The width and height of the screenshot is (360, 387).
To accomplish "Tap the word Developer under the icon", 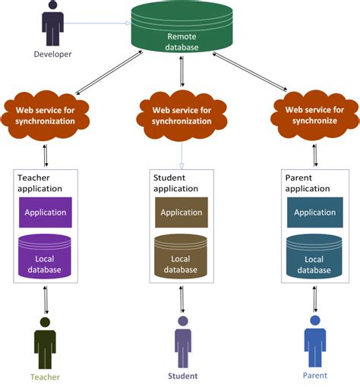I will click(x=52, y=54).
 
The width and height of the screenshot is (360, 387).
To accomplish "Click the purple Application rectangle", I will click(x=46, y=212).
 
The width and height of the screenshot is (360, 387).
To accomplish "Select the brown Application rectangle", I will click(x=181, y=212).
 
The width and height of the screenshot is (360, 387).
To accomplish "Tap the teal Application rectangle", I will click(x=314, y=212).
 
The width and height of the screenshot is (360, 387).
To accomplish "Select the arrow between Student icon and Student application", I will click(x=182, y=299).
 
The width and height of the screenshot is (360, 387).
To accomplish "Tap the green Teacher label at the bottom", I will click(x=45, y=377).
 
